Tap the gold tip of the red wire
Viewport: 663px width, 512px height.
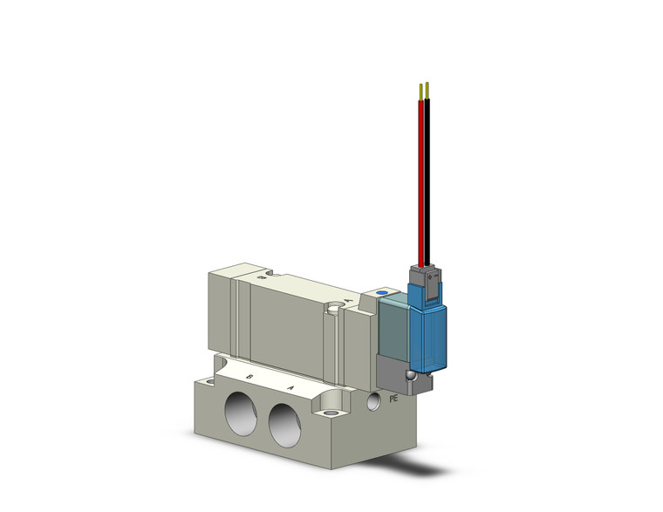(421, 90)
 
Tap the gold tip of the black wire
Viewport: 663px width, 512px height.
(427, 90)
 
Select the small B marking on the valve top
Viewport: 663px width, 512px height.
(262, 278)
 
